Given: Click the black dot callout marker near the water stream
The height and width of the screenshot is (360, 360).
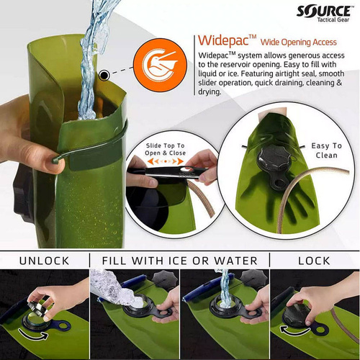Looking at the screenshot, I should (x=105, y=74).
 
